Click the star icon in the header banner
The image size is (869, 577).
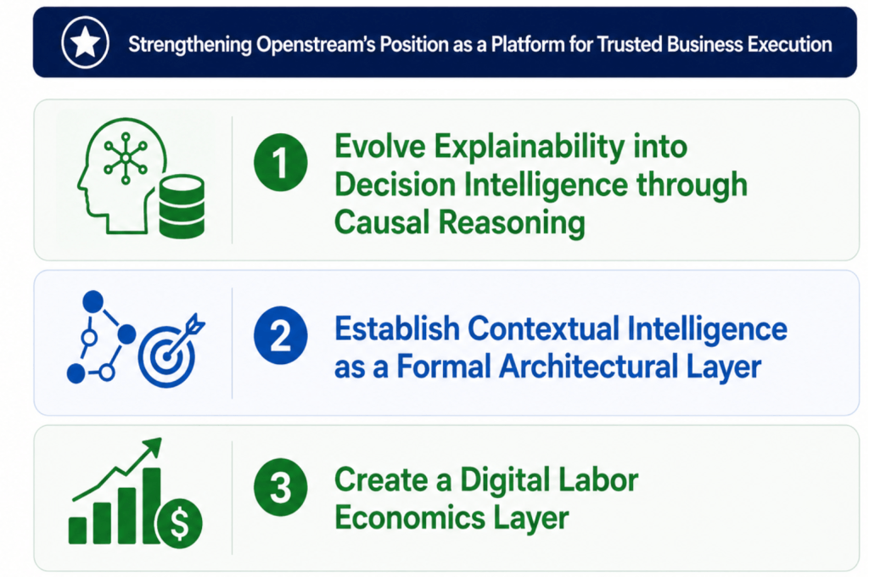pyautogui.click(x=86, y=42)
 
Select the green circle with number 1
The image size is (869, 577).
pyautogui.click(x=280, y=162)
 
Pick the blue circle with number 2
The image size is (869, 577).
pyautogui.click(x=280, y=335)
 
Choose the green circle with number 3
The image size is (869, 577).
pyautogui.click(x=280, y=487)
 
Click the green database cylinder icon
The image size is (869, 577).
pyautogui.click(x=182, y=206)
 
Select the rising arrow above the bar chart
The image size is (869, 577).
pyautogui.click(x=117, y=469)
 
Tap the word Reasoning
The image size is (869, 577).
pyautogui.click(x=512, y=223)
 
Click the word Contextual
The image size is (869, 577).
pyautogui.click(x=543, y=328)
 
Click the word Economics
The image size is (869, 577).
pyautogui.click(x=410, y=518)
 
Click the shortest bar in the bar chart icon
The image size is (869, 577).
pyautogui.click(x=77, y=530)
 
